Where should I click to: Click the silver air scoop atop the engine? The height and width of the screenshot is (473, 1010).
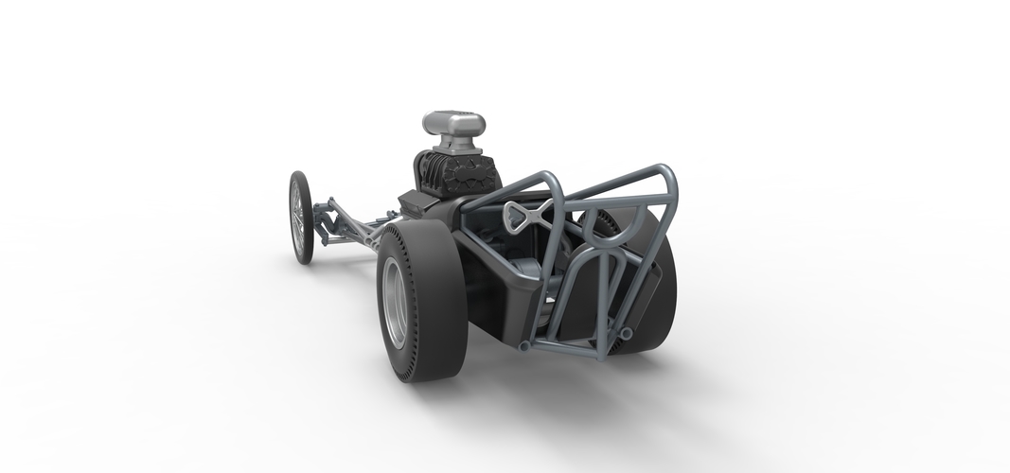[x=453, y=123]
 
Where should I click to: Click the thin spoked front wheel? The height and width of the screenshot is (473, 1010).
[x=301, y=217]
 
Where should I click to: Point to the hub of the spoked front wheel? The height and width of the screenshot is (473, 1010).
[x=300, y=218]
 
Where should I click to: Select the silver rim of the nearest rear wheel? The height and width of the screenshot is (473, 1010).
[x=394, y=303]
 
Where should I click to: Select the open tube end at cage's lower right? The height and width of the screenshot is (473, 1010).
[x=629, y=334]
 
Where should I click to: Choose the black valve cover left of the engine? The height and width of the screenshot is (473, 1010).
[x=415, y=201]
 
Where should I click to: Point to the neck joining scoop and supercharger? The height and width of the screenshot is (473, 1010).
[x=452, y=144]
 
